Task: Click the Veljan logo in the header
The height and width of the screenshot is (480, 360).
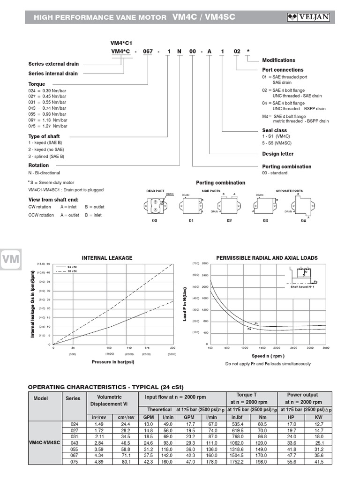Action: click(309, 17)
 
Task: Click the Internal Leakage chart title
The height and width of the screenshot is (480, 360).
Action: click(107, 258)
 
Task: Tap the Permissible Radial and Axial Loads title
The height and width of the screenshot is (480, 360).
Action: click(267, 258)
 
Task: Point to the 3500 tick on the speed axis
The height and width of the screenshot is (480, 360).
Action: click(326, 348)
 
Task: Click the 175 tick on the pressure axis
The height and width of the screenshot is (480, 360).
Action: click(147, 348)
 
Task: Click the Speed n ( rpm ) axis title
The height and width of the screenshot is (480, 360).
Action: click(268, 356)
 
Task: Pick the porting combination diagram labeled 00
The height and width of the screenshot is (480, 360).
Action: click(155, 205)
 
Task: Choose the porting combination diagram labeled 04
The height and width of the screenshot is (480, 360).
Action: click(304, 206)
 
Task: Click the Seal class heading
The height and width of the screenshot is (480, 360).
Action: click(274, 130)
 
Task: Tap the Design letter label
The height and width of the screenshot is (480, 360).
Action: click(278, 154)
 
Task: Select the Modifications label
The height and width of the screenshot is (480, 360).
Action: click(278, 60)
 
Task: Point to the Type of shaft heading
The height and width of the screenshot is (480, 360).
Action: click(44, 136)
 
